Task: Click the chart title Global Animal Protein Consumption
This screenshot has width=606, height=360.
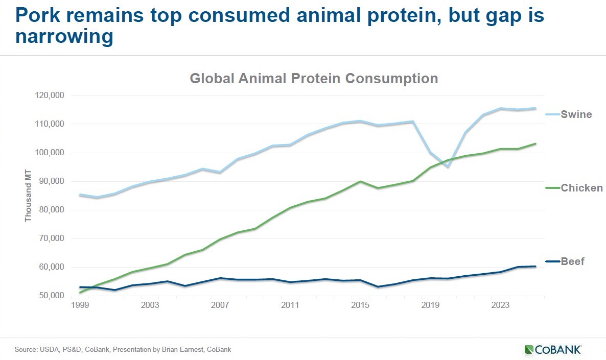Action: pos(314,79)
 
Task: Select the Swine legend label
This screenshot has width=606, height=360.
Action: pos(576,114)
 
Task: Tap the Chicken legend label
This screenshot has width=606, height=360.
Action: pos(581,188)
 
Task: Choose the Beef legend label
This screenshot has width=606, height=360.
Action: pos(572,261)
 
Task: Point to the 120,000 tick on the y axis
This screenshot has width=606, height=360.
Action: pos(49,95)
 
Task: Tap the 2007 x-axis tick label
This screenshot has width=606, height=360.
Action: pos(220,305)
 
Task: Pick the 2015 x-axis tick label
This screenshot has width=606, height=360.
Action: pos(360,305)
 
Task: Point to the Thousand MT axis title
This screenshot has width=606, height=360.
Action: pos(28,196)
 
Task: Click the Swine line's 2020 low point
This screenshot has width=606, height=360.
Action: pos(448,166)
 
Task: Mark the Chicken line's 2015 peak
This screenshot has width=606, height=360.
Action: pos(360,181)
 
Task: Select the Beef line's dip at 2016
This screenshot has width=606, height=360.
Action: pos(378,286)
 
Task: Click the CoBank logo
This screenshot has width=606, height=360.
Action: pos(552,350)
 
